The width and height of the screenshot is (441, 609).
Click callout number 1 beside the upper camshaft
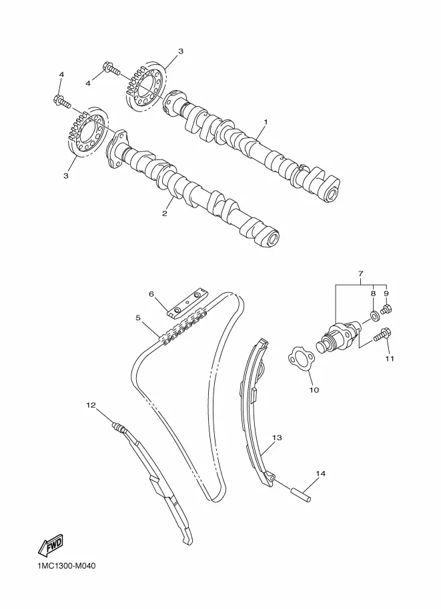[266, 122]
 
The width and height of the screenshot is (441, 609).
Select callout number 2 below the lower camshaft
[165, 213]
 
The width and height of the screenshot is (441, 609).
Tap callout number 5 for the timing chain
[138, 318]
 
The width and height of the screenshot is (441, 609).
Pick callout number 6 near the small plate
[152, 294]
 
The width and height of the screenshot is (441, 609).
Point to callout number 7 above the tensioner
[360, 274]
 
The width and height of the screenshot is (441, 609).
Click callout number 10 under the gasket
[314, 390]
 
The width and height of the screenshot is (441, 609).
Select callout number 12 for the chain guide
[91, 405]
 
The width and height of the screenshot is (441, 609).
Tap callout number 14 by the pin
[320, 474]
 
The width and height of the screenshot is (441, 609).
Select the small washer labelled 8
[375, 316]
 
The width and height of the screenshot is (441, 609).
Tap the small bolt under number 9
[386, 310]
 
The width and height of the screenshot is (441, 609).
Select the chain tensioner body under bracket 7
[339, 334]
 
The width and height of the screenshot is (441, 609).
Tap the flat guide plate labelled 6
[187, 303]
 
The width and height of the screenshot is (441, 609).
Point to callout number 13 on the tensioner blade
[277, 438]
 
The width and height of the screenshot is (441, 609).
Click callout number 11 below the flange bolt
[389, 358]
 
